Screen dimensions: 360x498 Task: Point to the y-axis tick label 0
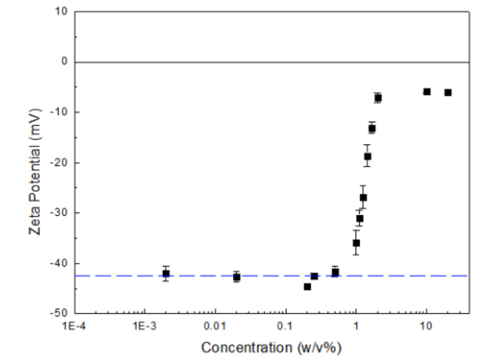pos(64,62)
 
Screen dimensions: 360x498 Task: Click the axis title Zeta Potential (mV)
pos(34,163)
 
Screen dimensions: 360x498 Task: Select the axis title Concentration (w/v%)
pos(271,348)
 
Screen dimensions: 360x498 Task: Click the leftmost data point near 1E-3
pos(166,274)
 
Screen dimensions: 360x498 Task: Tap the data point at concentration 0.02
pos(237,277)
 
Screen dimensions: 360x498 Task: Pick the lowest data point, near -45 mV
pos(307,287)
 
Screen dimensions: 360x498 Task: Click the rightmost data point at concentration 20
pos(448,92)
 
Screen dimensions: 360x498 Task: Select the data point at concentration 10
pos(426,91)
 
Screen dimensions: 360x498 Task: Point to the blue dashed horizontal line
pos(109,276)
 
